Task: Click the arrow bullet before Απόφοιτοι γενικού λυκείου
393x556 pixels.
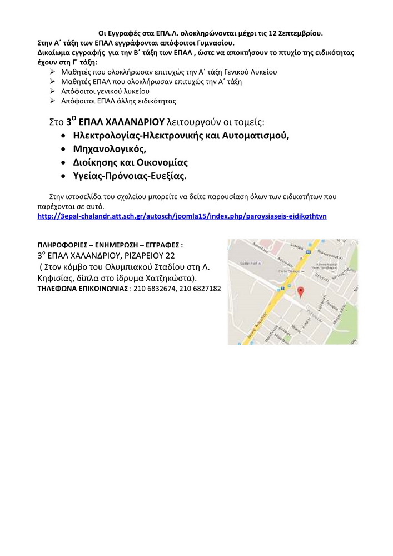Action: (x=52, y=91)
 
